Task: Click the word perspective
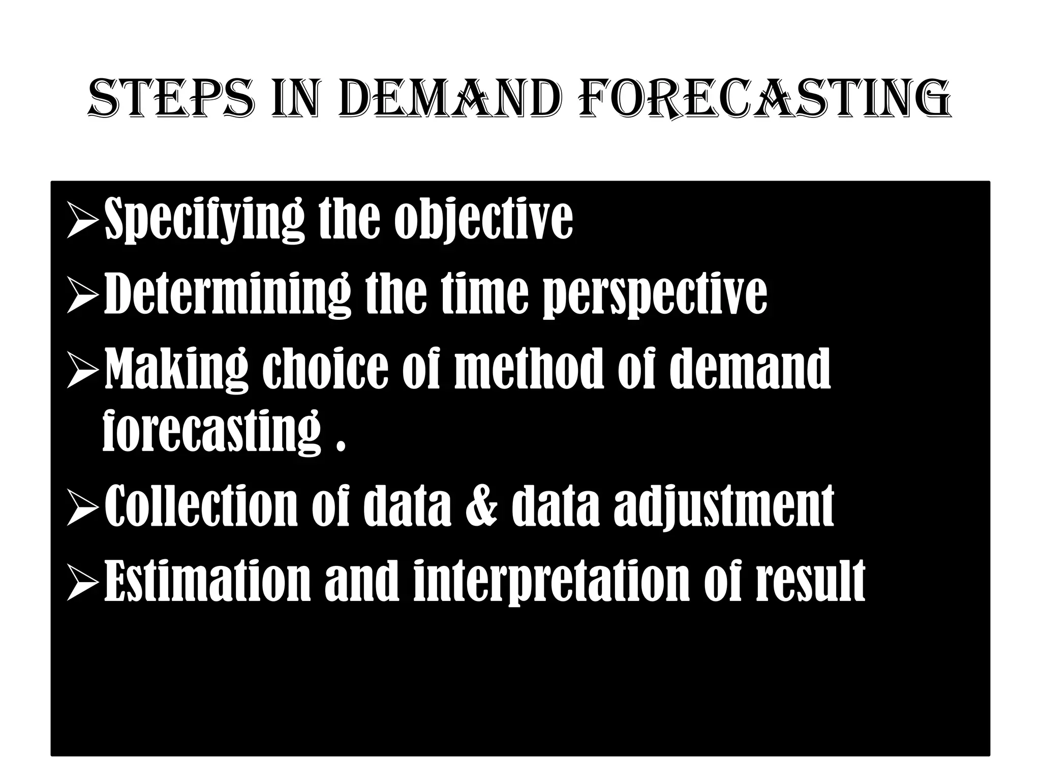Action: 656,295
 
